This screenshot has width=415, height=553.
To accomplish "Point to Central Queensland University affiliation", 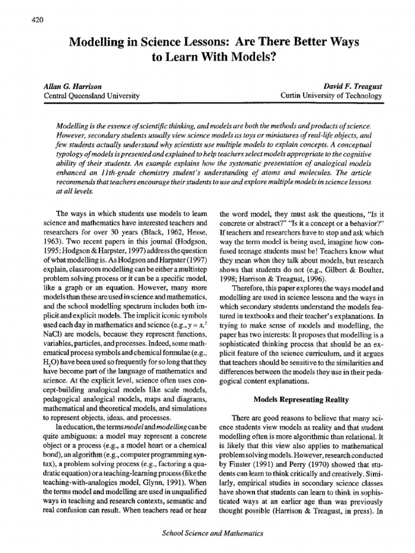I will tap(91, 96).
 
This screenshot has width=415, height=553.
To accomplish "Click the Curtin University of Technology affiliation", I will tap(332, 96).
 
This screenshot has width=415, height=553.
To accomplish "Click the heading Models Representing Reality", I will tap(302, 385).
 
